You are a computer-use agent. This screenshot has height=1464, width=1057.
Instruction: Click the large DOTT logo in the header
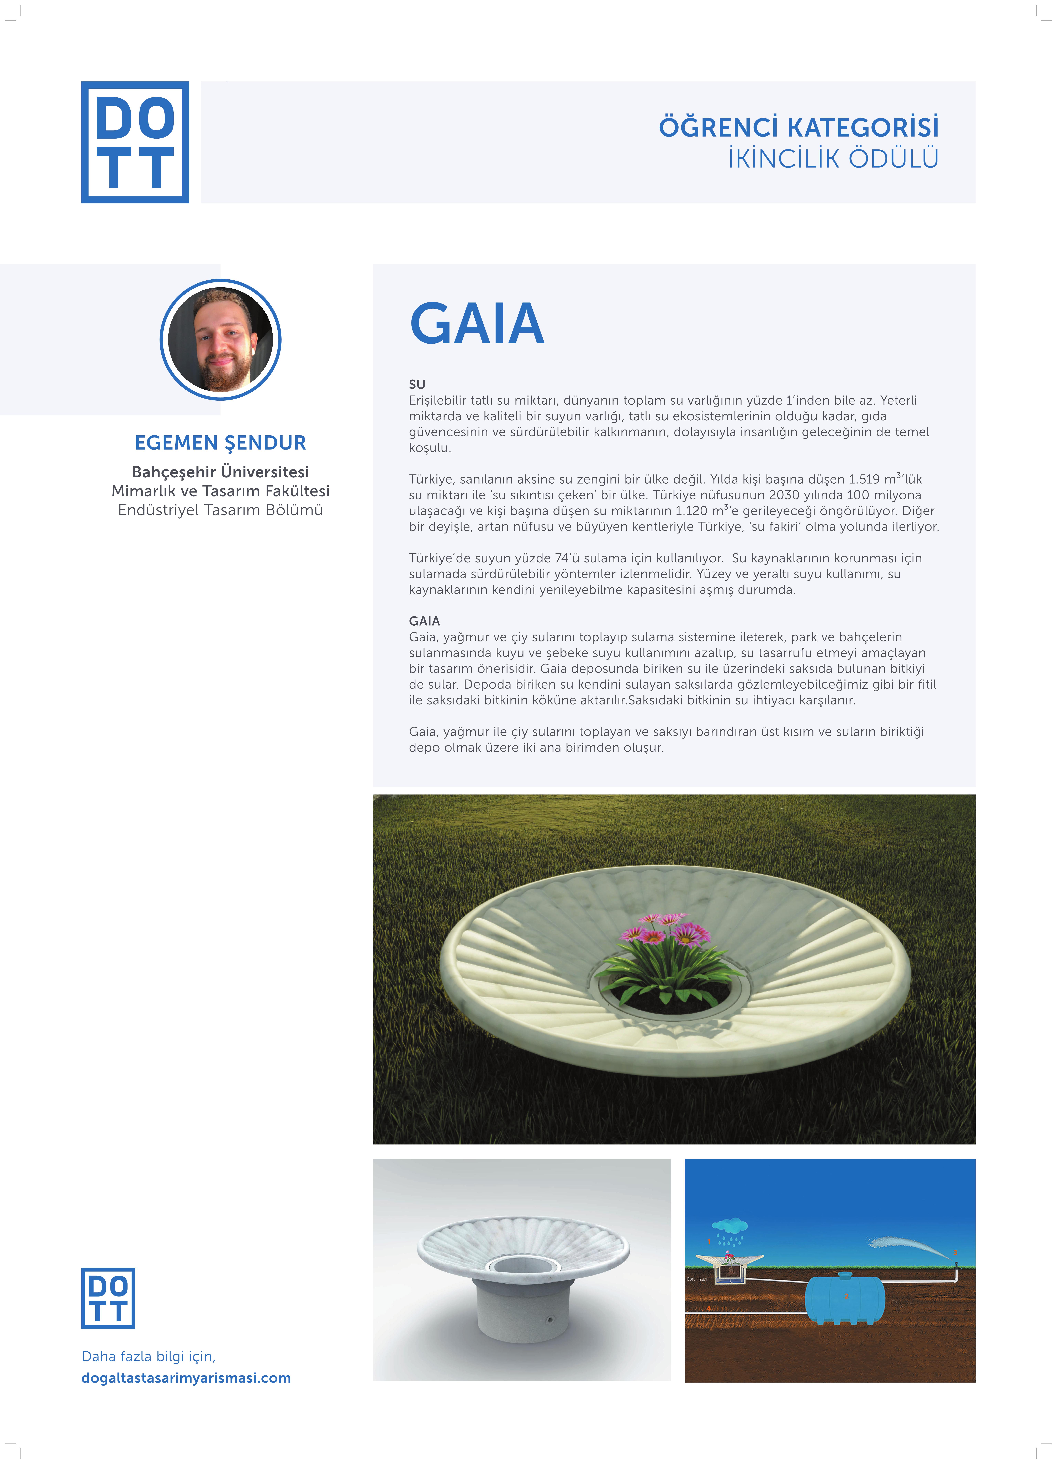click(135, 142)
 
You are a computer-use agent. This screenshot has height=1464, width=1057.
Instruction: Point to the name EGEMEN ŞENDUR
click(220, 443)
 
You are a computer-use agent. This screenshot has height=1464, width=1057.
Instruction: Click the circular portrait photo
click(220, 339)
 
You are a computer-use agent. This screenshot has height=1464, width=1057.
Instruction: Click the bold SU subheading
click(417, 384)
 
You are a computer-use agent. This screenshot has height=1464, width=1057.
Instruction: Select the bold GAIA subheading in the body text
click(424, 621)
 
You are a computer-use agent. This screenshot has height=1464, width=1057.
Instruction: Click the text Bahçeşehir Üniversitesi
click(220, 472)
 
